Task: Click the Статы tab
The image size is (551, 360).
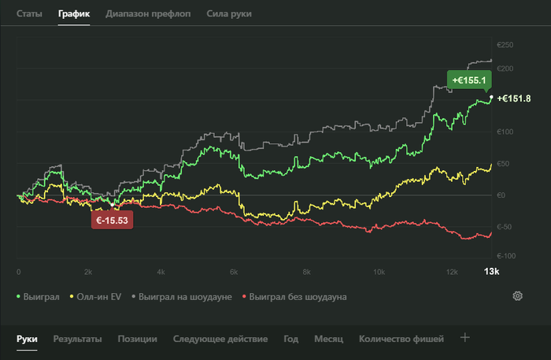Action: click(30, 14)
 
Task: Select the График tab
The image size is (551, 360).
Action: click(74, 14)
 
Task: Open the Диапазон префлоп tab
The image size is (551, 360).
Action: click(148, 14)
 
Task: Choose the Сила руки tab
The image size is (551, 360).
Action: click(229, 14)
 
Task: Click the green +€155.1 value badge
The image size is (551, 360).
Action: click(469, 80)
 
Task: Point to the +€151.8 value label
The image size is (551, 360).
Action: click(514, 98)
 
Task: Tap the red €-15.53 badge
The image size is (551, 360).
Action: click(113, 221)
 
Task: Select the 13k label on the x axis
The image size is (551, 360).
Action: click(490, 271)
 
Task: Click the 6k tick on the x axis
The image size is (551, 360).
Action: click(234, 272)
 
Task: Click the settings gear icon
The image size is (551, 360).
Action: click(518, 296)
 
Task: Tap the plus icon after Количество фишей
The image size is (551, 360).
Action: click(464, 338)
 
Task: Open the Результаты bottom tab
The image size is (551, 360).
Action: click(77, 339)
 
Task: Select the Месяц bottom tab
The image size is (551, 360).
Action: click(328, 339)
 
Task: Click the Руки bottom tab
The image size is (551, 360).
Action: click(27, 339)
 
